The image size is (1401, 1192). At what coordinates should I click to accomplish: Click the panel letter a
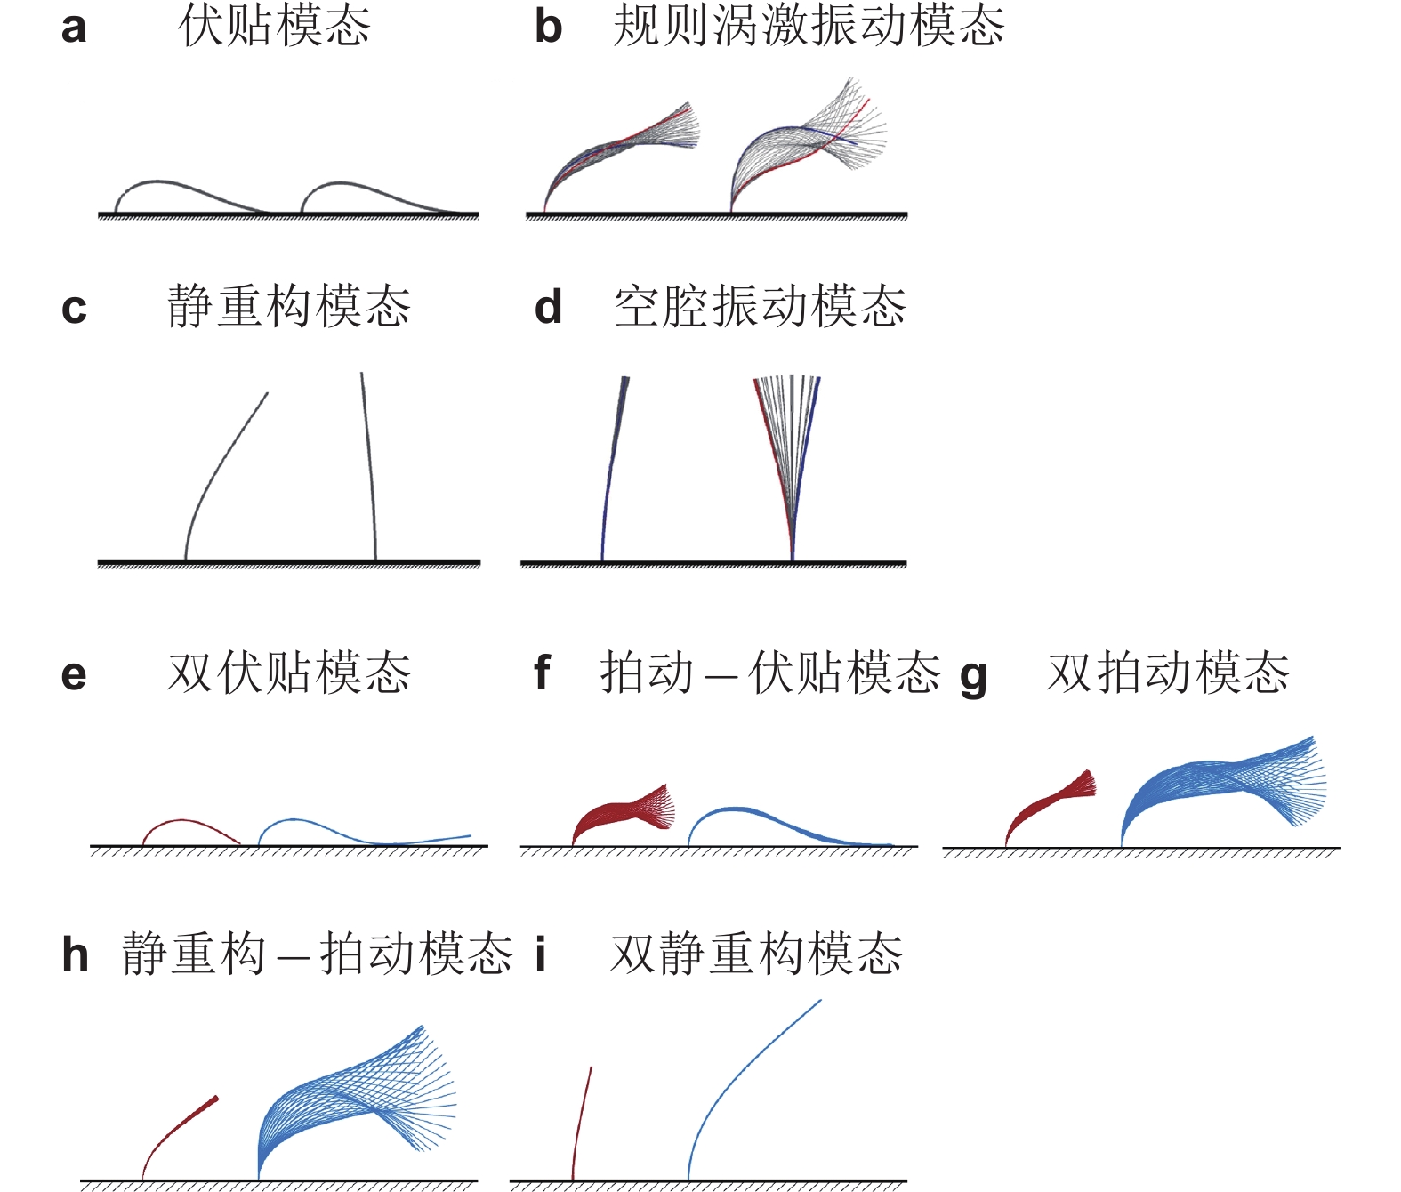(74, 28)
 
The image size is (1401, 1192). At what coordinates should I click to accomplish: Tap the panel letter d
(548, 308)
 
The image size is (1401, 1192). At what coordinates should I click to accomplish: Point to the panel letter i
(540, 954)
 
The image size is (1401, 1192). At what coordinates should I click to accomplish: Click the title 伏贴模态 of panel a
(274, 26)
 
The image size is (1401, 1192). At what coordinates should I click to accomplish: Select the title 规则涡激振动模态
(809, 26)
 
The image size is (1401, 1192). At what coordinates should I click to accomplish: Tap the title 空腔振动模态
(760, 307)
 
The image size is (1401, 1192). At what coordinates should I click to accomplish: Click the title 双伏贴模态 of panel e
(289, 673)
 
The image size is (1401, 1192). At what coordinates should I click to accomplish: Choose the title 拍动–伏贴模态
(769, 673)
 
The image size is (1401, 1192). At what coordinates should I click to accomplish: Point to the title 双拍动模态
(1168, 673)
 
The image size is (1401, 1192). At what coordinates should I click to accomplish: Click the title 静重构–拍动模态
(318, 954)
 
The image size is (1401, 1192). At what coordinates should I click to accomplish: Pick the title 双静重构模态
(756, 954)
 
